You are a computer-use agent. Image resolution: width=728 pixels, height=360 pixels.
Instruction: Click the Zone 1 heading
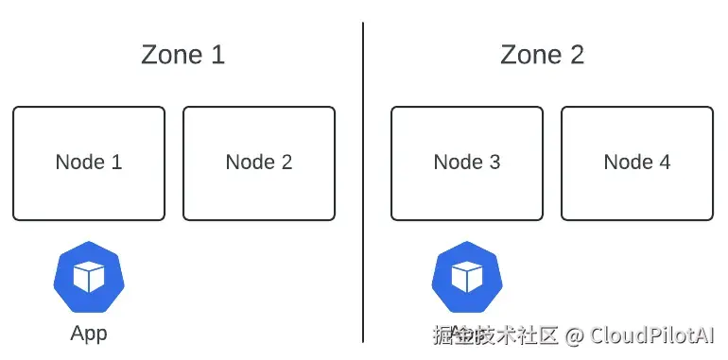tap(182, 55)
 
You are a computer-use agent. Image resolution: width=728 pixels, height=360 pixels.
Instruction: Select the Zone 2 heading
tap(542, 55)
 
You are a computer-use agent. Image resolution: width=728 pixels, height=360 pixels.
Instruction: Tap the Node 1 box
tap(89, 163)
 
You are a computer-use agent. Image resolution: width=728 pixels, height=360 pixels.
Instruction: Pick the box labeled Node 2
tap(259, 163)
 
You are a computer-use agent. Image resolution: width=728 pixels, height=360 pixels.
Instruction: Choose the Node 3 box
tap(467, 163)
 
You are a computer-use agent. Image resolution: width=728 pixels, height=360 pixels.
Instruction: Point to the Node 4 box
tap(637, 163)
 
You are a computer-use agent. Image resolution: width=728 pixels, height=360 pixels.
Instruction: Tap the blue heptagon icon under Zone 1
tap(89, 276)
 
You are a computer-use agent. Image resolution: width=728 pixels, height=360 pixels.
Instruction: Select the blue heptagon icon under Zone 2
tap(467, 276)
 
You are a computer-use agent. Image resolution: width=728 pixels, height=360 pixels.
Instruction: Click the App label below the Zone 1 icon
tap(89, 334)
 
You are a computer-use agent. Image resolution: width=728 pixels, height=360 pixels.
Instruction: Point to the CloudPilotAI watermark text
tap(652, 334)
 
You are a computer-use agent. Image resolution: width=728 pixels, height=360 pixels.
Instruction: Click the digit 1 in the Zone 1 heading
tap(217, 55)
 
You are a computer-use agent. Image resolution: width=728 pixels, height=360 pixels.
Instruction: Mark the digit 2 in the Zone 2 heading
tap(576, 55)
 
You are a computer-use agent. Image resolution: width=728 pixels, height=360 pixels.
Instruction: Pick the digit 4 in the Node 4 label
tap(664, 163)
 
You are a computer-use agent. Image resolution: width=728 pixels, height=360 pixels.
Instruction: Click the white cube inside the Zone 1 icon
tap(89, 277)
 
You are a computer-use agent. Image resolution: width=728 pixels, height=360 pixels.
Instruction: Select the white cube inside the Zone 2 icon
tap(467, 277)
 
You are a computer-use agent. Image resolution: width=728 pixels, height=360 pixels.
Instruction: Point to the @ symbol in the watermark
tap(575, 335)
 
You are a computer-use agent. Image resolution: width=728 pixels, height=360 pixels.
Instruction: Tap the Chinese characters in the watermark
tap(495, 335)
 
